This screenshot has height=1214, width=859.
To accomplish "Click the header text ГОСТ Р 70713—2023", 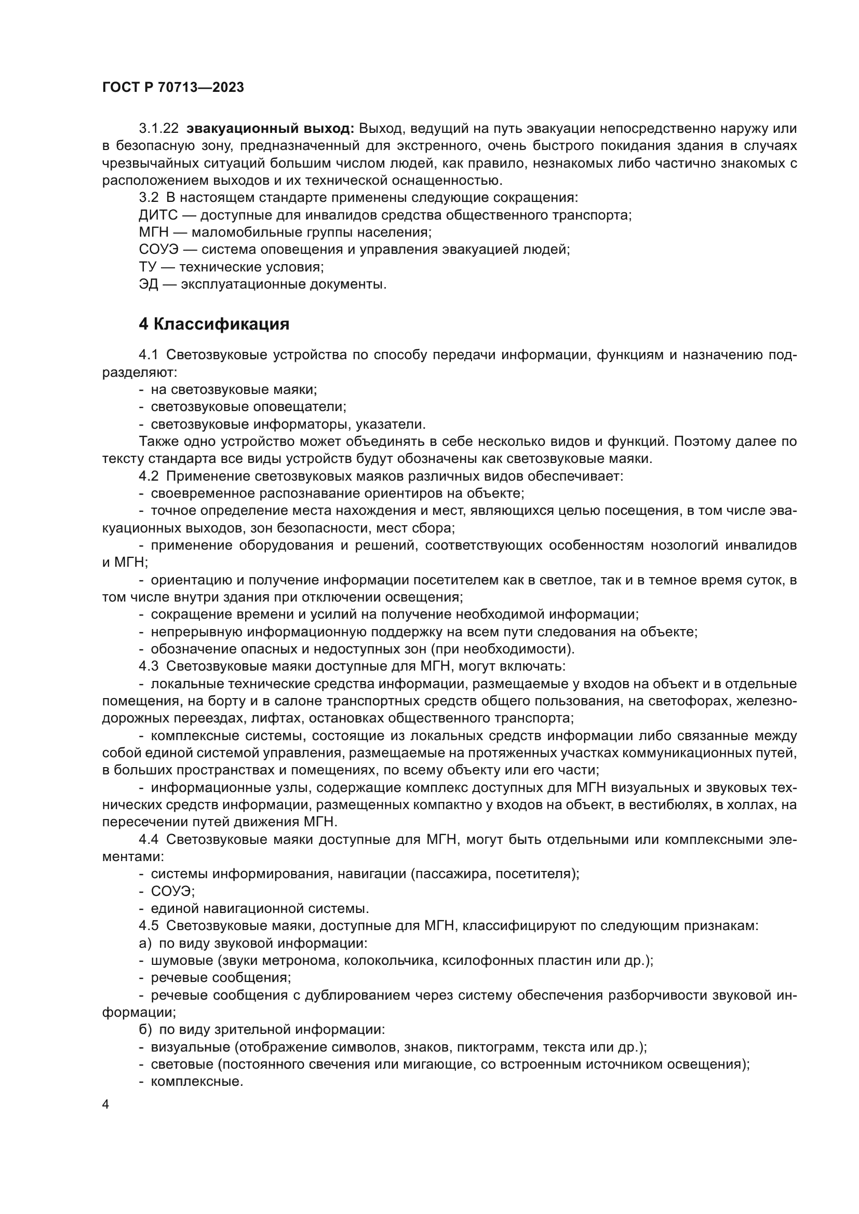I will click(173, 88).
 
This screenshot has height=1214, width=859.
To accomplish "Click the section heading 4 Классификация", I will click(213, 324).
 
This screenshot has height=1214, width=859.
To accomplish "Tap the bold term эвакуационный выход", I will click(270, 129).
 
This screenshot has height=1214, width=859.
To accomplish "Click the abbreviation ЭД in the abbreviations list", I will click(149, 284).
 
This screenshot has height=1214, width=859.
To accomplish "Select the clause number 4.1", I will click(148, 356).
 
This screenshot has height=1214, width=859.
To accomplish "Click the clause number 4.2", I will click(148, 476).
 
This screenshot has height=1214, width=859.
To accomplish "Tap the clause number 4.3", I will click(148, 666).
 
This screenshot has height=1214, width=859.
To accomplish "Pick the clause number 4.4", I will click(148, 840).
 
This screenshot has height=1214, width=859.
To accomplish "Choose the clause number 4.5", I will click(148, 926).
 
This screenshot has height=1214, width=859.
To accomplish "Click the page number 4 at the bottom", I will click(105, 1105).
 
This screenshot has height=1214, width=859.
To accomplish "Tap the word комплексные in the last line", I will click(196, 1082).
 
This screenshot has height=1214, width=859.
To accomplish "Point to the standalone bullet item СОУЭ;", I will click(173, 892).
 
